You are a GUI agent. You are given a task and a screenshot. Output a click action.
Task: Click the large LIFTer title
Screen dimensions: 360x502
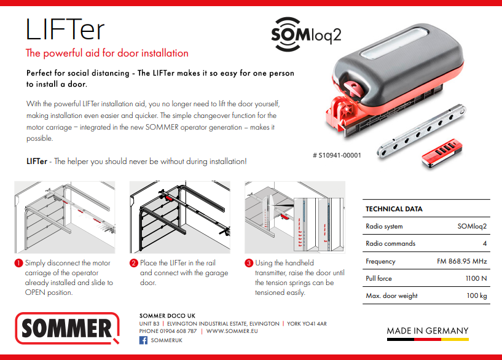coord(65,29)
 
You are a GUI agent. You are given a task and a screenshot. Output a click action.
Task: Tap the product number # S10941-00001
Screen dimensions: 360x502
coord(337,155)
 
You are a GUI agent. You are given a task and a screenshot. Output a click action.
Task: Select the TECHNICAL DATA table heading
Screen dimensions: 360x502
coord(394,209)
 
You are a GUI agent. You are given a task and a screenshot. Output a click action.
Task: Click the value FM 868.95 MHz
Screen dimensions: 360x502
coord(457,261)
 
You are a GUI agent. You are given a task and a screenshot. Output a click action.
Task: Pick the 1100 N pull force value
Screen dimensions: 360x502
coord(476,278)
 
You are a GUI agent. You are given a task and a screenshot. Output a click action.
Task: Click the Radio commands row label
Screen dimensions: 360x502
coord(390,243)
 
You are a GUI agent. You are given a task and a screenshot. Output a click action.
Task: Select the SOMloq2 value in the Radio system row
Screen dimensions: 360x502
coord(472,226)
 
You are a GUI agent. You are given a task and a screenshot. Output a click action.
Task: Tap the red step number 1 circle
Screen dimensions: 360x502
coord(19,264)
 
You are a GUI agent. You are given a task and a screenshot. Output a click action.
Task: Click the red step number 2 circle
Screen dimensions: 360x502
coord(133,264)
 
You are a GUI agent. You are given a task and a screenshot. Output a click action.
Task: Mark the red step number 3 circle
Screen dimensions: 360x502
coord(249,264)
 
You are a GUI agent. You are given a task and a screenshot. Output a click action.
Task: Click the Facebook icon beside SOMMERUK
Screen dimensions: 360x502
coord(144,340)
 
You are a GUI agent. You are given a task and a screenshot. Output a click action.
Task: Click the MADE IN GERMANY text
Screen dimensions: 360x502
coord(427,331)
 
